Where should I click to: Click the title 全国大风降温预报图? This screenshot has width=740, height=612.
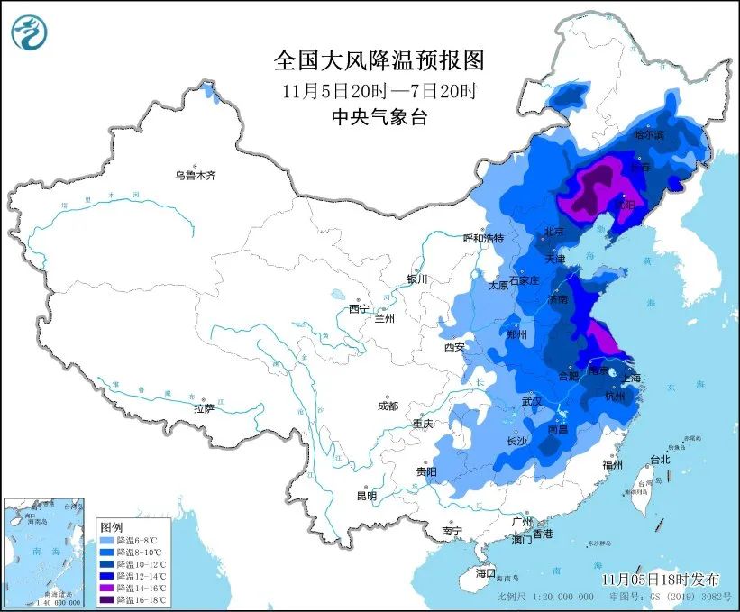379,61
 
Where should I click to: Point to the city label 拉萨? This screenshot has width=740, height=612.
205,408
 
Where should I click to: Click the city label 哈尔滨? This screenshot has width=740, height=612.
647,134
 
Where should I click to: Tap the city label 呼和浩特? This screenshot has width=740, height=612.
483,238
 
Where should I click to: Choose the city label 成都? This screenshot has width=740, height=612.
388,406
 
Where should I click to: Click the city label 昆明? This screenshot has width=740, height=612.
366,495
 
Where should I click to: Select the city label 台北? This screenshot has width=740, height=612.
660,459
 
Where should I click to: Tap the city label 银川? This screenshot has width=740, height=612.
417,279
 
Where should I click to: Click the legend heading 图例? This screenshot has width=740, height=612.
112,525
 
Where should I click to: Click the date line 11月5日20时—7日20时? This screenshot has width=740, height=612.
379,90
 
